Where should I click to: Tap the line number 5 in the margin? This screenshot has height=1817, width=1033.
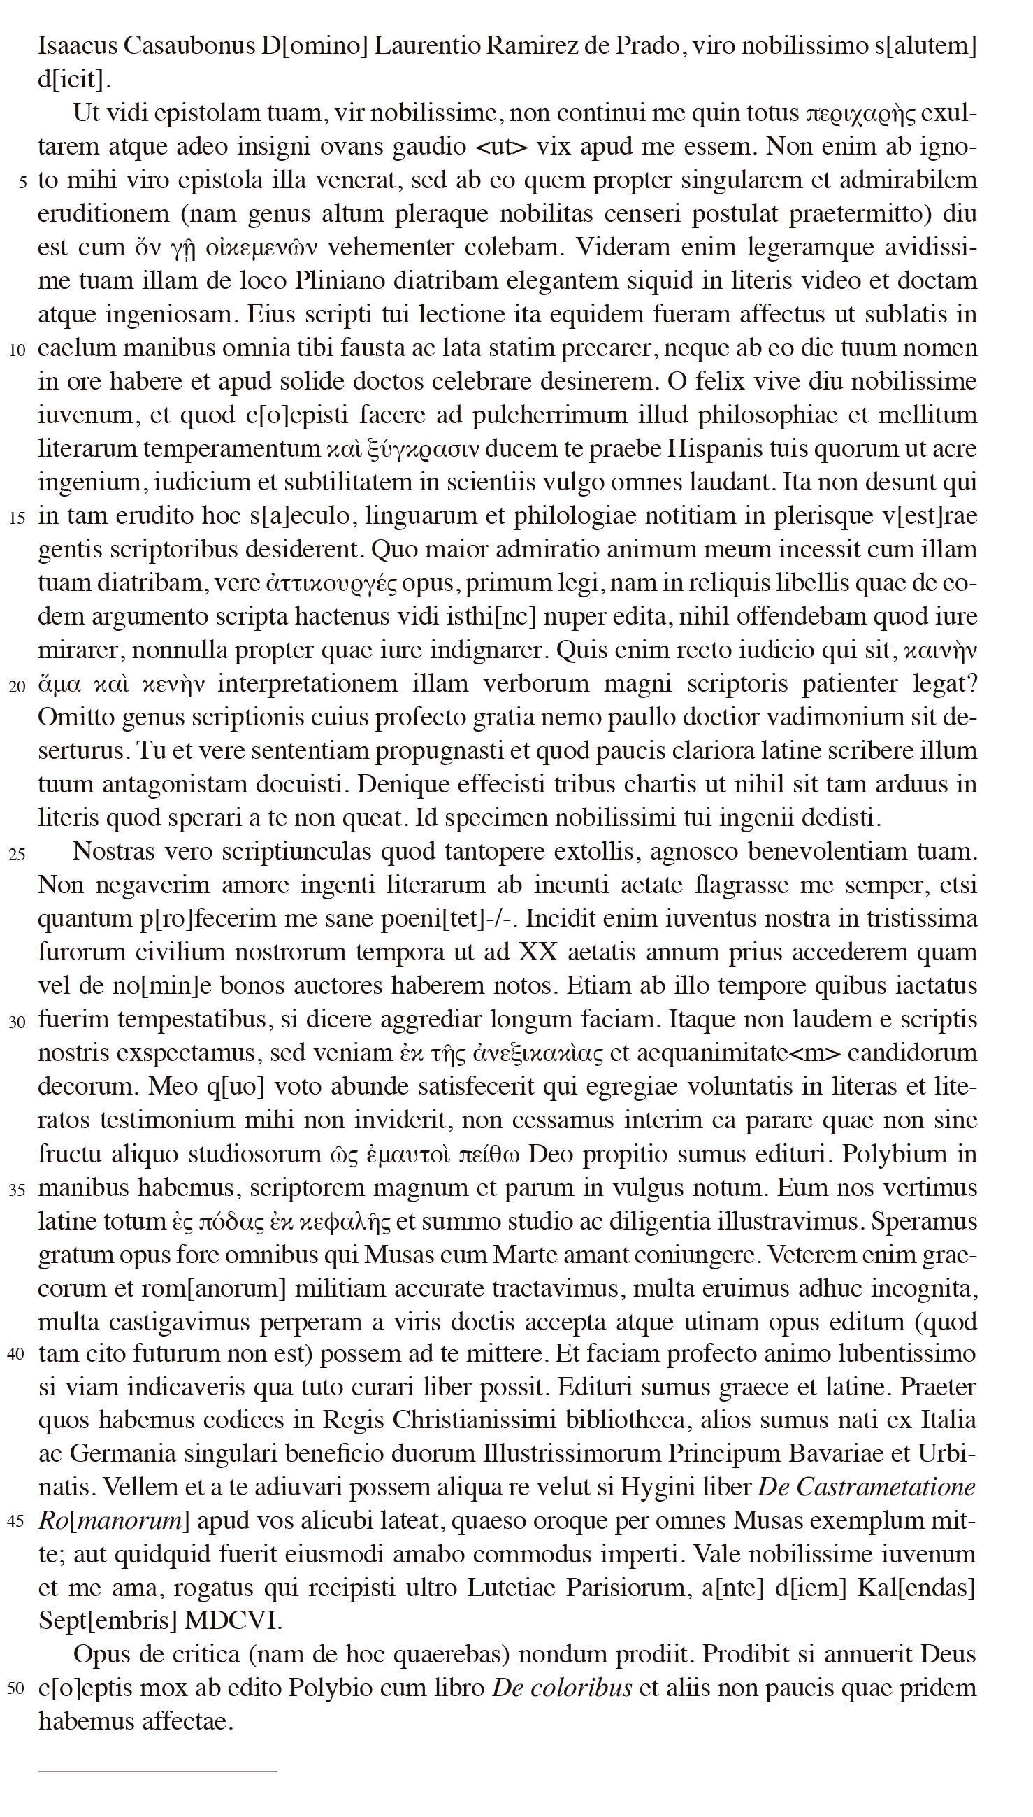coord(23,183)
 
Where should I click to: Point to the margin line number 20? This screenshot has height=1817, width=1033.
coord(17,686)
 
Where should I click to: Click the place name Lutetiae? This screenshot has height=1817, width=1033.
coord(511,1588)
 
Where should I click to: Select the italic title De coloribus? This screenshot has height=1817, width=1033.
coord(561,1688)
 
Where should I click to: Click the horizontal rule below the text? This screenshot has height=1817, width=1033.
coord(157,1772)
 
